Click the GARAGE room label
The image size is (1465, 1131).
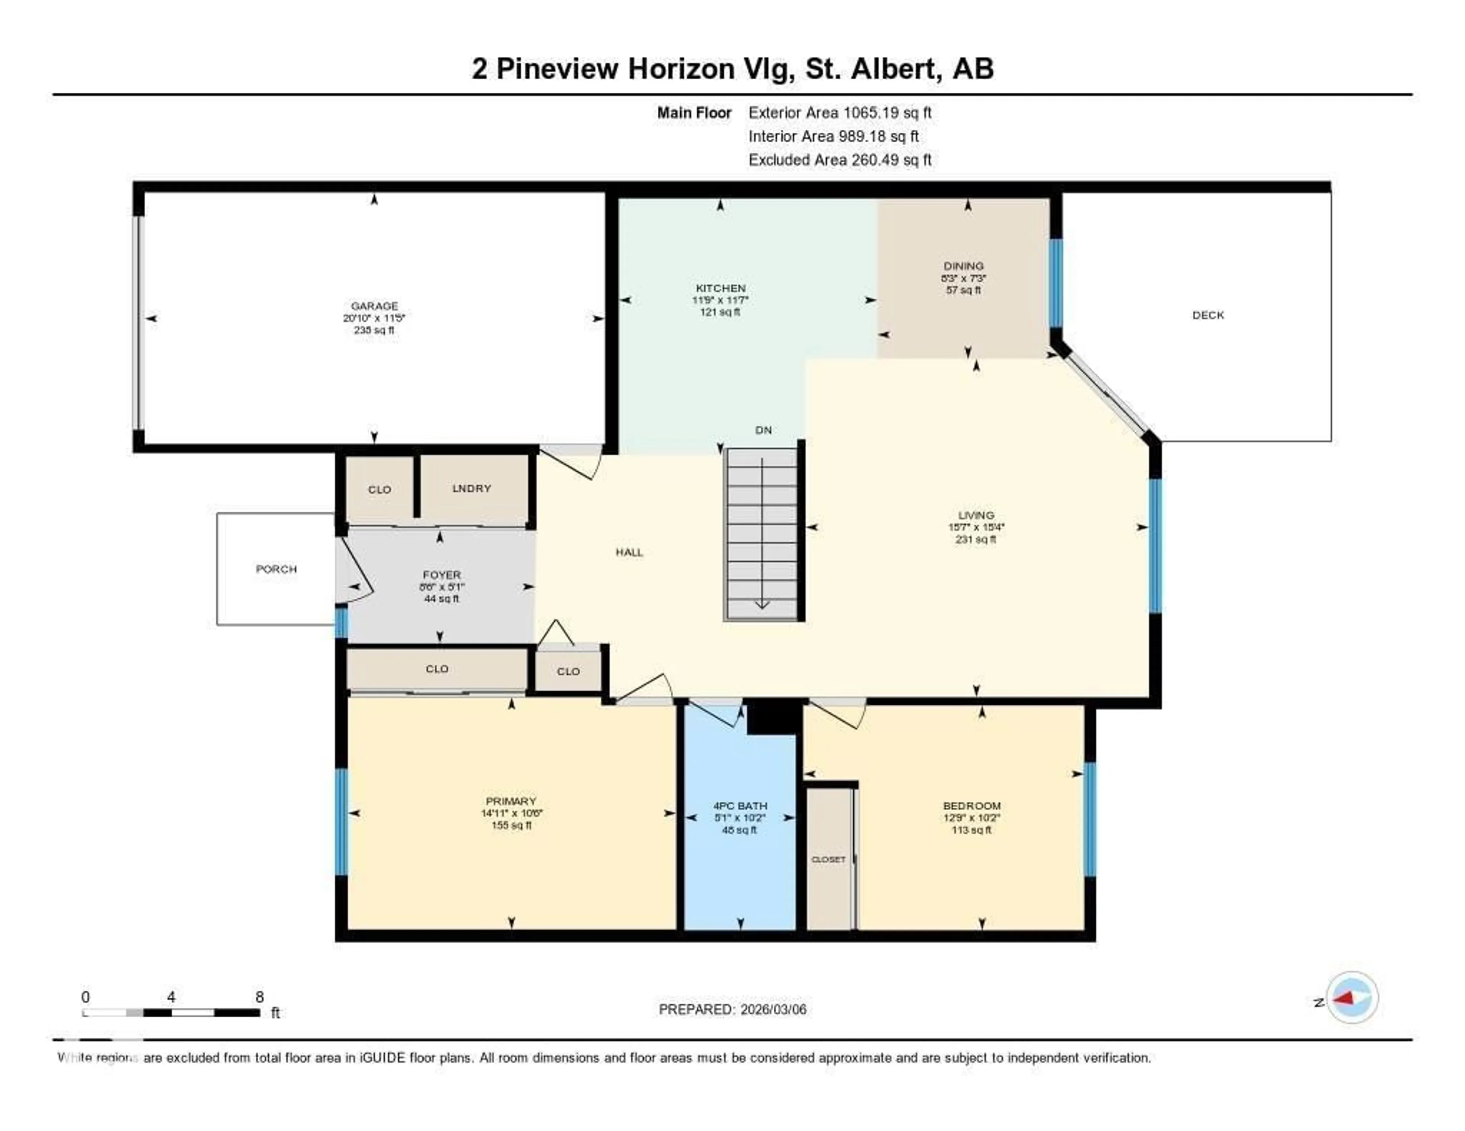374,306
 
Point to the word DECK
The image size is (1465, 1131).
1208,315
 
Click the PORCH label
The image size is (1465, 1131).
276,569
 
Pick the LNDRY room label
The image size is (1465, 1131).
472,488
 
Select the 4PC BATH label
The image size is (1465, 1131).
740,806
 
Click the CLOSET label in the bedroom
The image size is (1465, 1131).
828,859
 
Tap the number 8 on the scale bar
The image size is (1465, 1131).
259,997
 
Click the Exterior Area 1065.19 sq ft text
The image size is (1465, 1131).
840,112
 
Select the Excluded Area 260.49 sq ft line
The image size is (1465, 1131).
840,159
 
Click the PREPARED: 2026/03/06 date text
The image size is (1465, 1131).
732,1010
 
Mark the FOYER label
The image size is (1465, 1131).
441,575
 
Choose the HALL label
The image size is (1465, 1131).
629,553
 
